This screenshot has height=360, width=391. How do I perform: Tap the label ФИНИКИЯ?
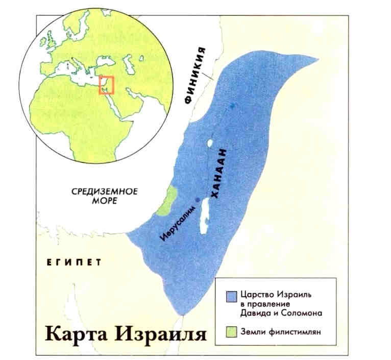197,75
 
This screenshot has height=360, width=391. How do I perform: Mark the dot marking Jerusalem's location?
198,199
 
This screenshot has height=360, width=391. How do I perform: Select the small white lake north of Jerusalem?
210,143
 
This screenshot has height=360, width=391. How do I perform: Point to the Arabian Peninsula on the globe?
138,105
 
